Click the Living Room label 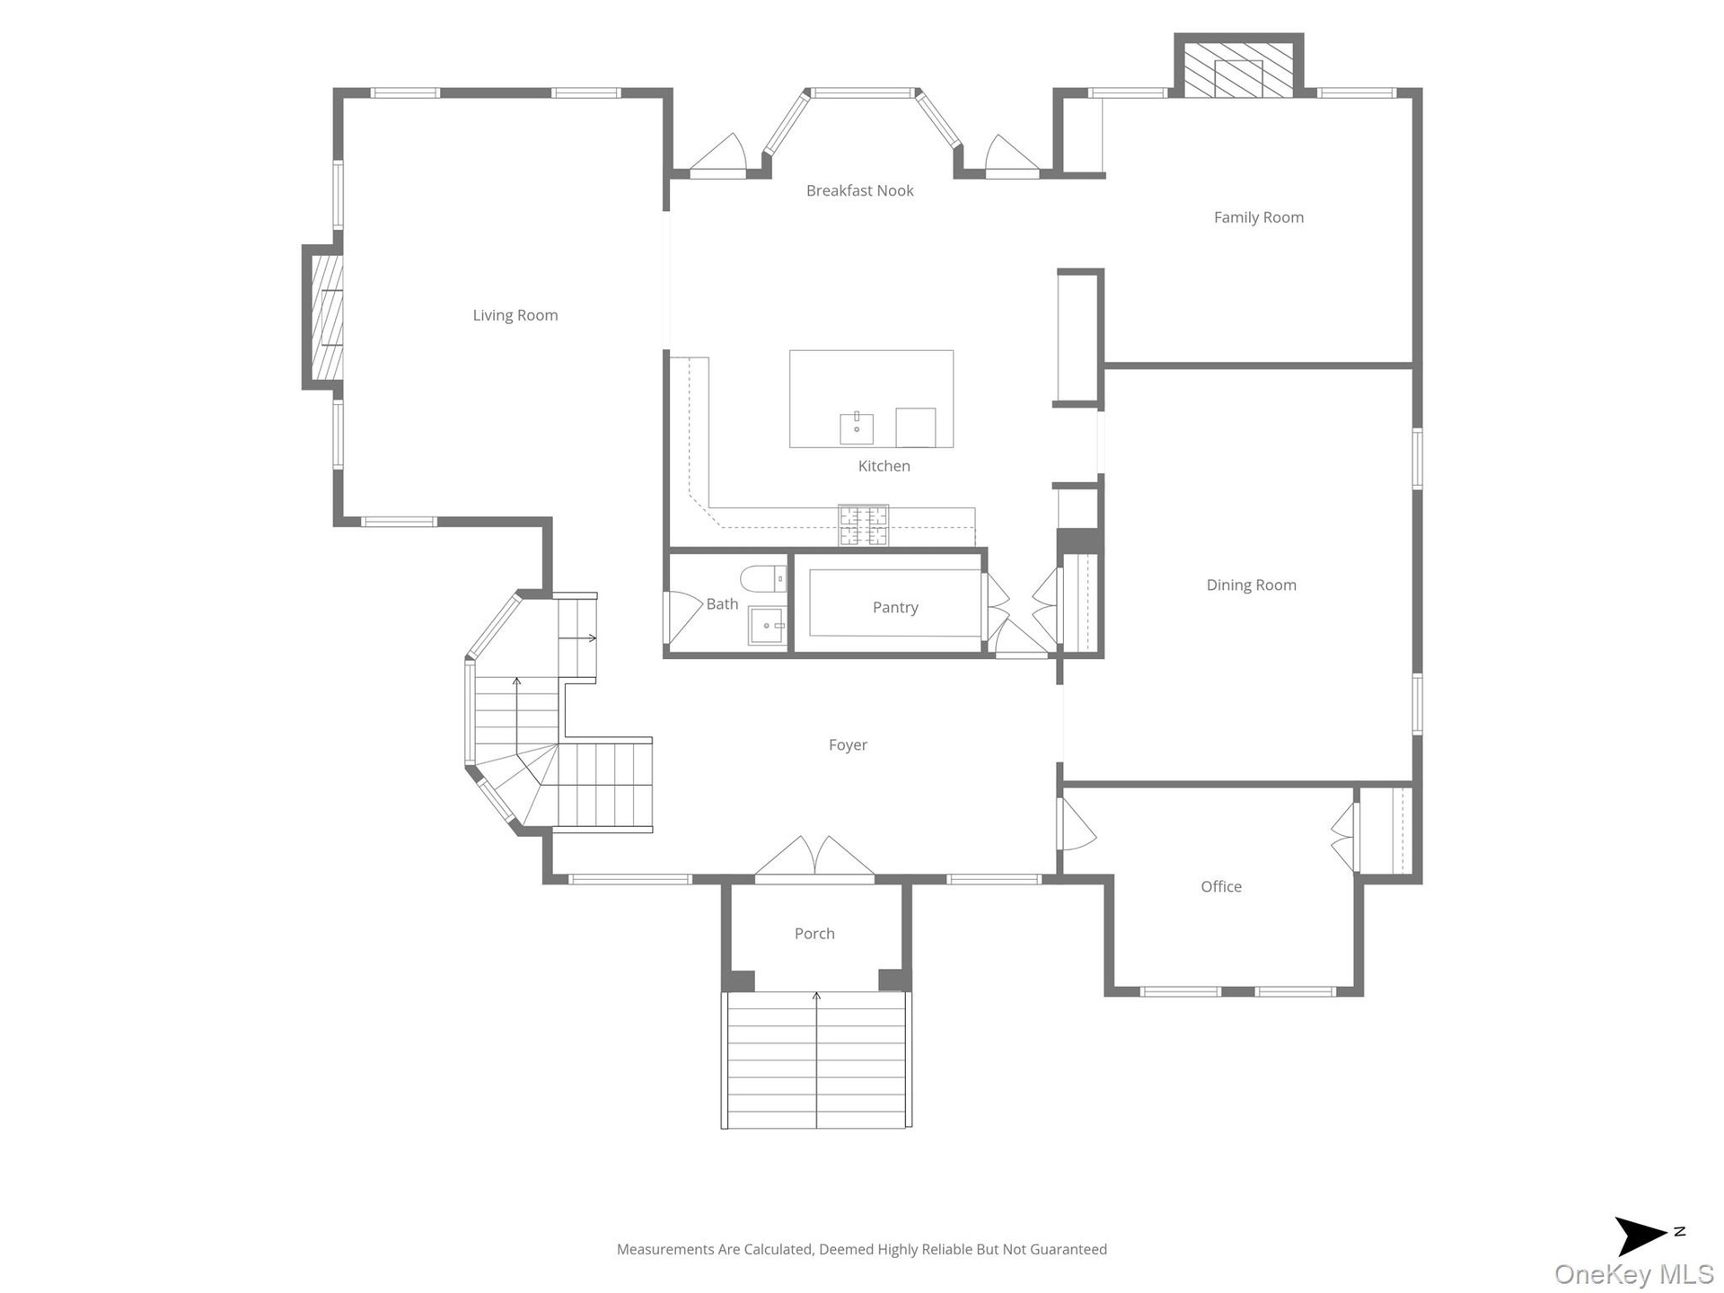(515, 315)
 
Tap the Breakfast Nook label (859, 190)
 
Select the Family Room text (1258, 217)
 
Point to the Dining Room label (1251, 585)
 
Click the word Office (1221, 887)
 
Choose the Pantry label (895, 608)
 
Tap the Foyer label (848, 745)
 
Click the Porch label (814, 934)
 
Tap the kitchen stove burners (863, 525)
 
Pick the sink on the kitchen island (857, 428)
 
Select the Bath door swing (682, 617)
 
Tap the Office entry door (1077, 823)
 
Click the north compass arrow (1642, 1236)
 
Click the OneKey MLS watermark (1634, 1274)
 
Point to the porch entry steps (816, 1060)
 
